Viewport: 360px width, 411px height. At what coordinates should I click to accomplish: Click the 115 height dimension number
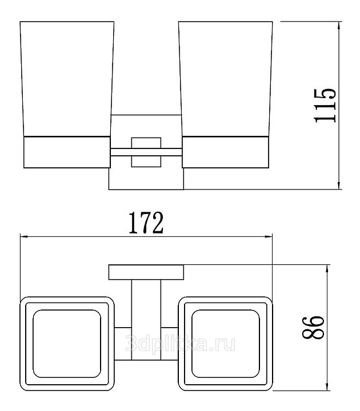[x=325, y=106]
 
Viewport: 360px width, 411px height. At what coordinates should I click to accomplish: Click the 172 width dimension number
[x=146, y=223]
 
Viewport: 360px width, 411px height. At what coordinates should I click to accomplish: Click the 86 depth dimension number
[x=313, y=328]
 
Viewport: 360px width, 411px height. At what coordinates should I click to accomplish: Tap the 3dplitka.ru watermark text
[x=180, y=344]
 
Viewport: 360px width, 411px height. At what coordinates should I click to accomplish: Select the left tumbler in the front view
[x=67, y=79]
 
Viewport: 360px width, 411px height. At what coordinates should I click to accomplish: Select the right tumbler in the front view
[x=226, y=79]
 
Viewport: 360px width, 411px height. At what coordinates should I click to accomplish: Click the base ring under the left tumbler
[x=67, y=152]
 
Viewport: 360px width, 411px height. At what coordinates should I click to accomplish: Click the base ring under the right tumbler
[x=225, y=152]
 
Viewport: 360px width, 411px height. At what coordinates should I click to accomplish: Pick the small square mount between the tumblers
[x=146, y=152]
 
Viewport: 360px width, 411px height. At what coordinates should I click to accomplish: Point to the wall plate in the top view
[x=146, y=272]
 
